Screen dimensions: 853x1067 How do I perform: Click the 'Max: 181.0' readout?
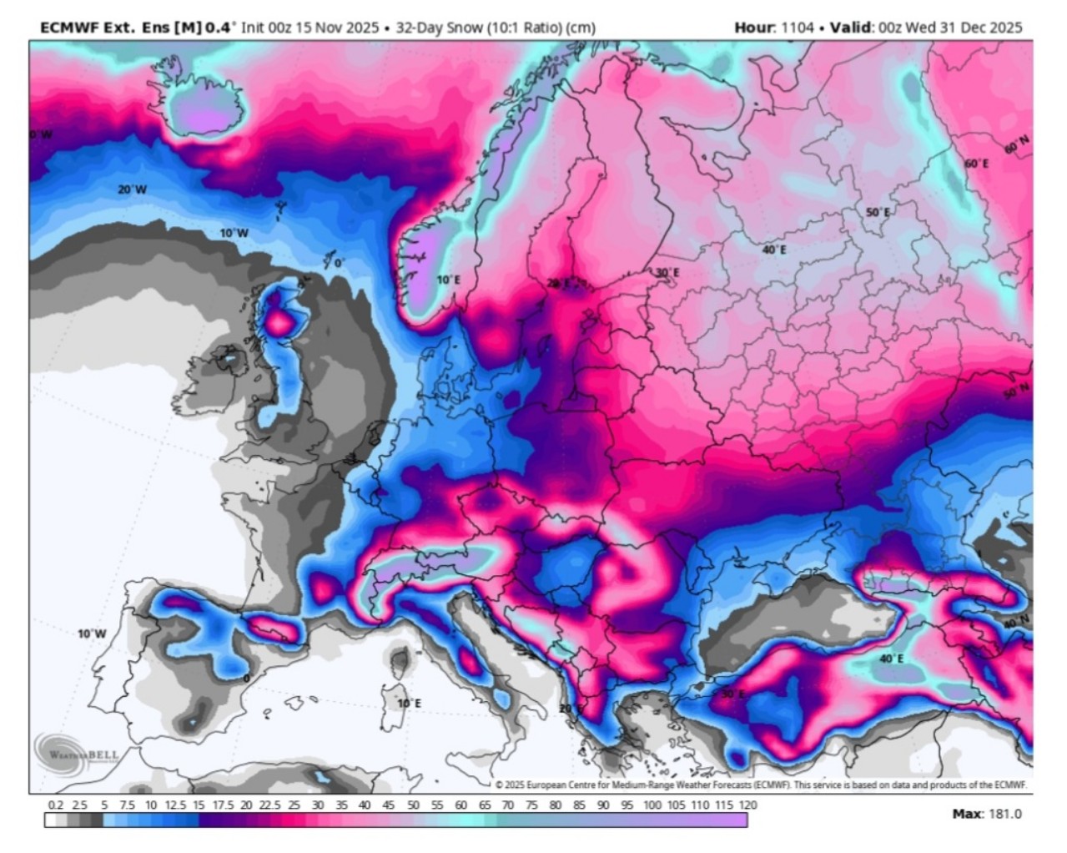pos(986,814)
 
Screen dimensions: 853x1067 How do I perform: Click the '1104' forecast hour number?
pos(797,28)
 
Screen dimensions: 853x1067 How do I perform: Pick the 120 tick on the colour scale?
pos(747,805)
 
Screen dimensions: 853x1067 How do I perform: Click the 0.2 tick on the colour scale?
pos(56,805)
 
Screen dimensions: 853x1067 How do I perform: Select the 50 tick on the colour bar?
pos(413,805)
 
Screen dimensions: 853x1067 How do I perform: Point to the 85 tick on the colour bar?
pos(579,805)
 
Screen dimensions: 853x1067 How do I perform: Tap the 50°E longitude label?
pos(878,212)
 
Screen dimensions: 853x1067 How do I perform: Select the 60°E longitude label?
pos(976,163)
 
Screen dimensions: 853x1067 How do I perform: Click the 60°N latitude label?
pos(1016,146)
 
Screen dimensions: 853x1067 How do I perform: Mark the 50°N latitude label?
pos(1016,391)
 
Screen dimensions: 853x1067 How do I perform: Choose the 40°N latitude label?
pos(1016,623)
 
